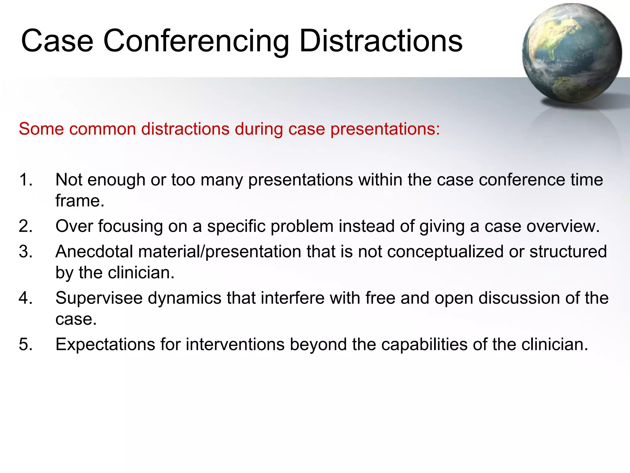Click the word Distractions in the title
coord(381,41)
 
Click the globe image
coord(572,53)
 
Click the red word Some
coord(41,129)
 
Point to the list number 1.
coord(25,180)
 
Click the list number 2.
coord(25,226)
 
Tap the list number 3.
coord(25,252)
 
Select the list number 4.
coord(25,298)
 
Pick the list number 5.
coord(25,344)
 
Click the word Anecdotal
coord(94,252)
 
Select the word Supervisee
coord(99,298)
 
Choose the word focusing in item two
coord(130,227)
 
